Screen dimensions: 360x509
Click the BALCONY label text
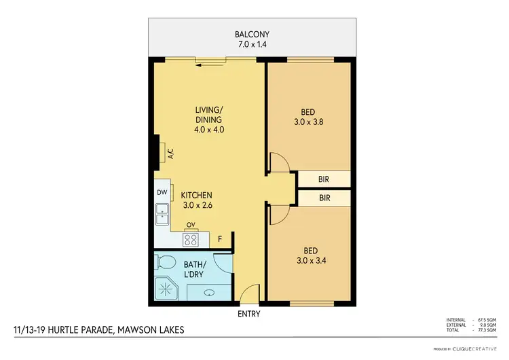pos(254,34)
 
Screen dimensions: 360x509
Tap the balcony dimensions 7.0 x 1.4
pos(254,46)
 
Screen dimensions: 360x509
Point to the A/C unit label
pos(171,154)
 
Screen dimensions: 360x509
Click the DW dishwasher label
pos(162,192)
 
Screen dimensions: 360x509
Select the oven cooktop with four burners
pos(190,239)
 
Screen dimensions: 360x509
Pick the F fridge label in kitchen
pos(219,239)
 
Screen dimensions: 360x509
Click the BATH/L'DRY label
pos(197,269)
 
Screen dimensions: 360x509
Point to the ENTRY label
pos(248,314)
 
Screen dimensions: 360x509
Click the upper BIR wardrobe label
pos(324,179)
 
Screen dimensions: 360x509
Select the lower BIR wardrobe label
pos(324,198)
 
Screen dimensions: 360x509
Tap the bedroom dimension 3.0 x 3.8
pos(309,123)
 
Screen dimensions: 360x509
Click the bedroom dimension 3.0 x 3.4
pos(309,260)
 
